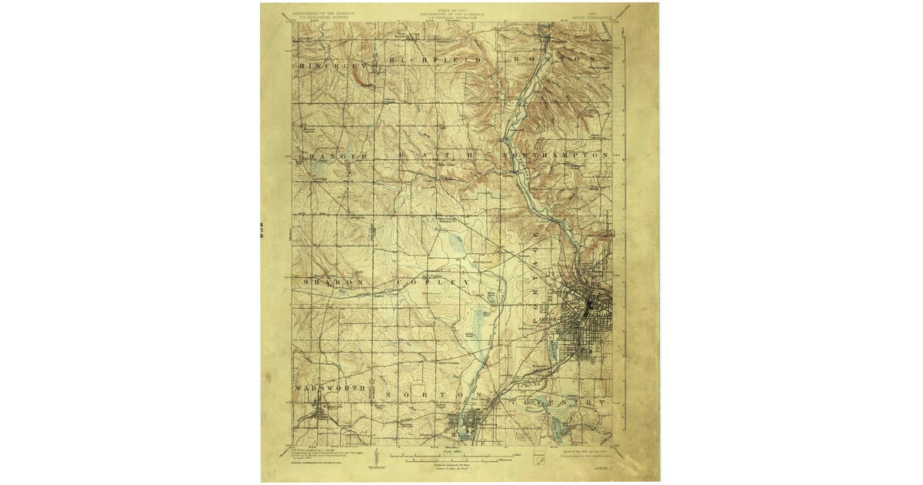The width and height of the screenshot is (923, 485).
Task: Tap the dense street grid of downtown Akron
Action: click(x=588, y=308)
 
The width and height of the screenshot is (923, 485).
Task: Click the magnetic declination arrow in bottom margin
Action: click(x=379, y=454)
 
